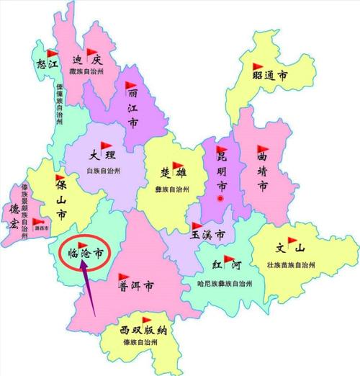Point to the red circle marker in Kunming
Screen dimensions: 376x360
click(x=222, y=197)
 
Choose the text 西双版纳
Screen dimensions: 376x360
click(x=144, y=330)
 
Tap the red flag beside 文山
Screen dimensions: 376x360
click(x=293, y=244)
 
